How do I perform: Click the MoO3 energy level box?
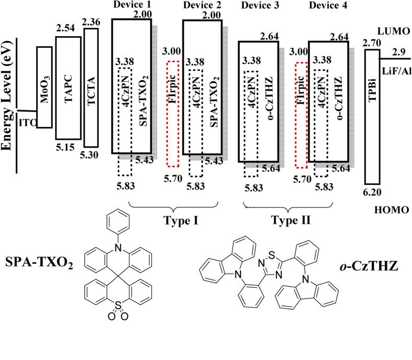click(x=44, y=87)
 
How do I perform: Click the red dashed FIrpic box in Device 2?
click(x=173, y=114)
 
